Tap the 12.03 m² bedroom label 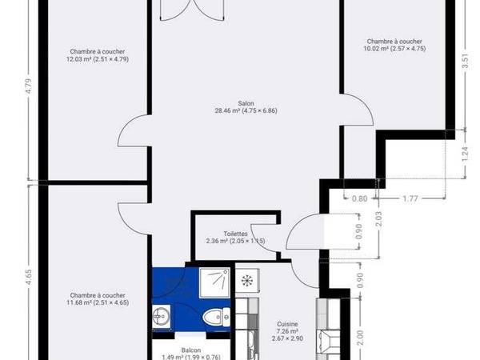click(x=96, y=54)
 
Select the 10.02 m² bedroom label click(x=394, y=45)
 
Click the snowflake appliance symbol click(x=248, y=282)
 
